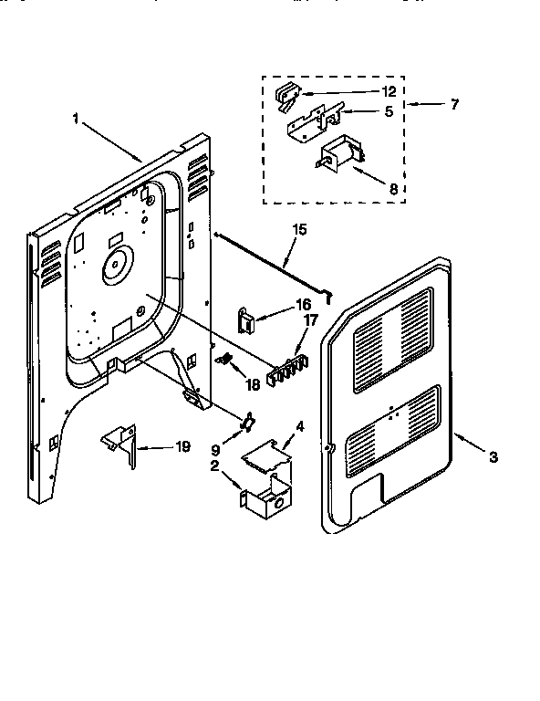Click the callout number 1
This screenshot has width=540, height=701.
[x=77, y=118]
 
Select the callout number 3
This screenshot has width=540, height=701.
[x=493, y=457]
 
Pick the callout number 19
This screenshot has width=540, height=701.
[x=183, y=447]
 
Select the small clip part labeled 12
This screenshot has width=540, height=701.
[x=288, y=93]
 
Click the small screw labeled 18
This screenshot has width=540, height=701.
[x=224, y=361]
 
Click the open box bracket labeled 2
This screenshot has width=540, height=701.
[x=266, y=497]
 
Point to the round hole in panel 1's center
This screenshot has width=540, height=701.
[x=116, y=267]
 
